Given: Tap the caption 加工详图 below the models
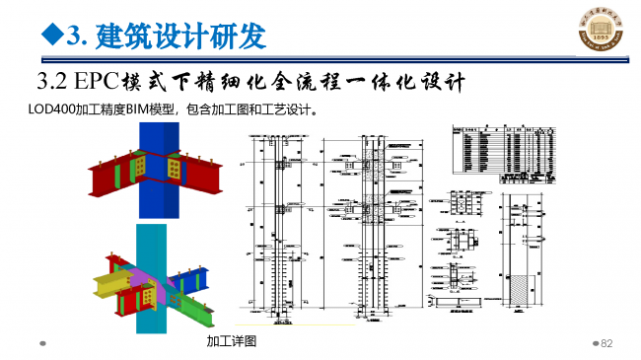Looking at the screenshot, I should (231, 341).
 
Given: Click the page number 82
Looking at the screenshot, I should (607, 342).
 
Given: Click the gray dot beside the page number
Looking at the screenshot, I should (595, 343).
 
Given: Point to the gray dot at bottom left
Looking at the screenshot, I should (42, 344).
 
